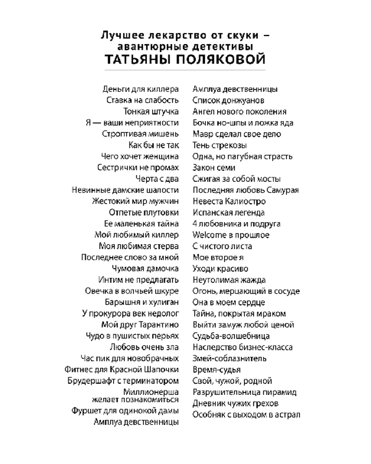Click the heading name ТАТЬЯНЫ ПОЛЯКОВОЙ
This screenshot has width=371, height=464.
[x=185, y=60]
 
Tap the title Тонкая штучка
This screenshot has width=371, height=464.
[x=151, y=111]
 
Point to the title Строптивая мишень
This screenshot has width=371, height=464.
[x=140, y=134]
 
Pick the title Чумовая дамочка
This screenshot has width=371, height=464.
[x=145, y=269]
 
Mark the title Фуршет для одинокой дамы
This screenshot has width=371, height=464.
[x=125, y=411]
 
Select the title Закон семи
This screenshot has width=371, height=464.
[x=214, y=168]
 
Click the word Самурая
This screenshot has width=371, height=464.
[x=282, y=190]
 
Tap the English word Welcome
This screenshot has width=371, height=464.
[x=209, y=235]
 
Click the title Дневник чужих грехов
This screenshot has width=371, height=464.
[x=235, y=403]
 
